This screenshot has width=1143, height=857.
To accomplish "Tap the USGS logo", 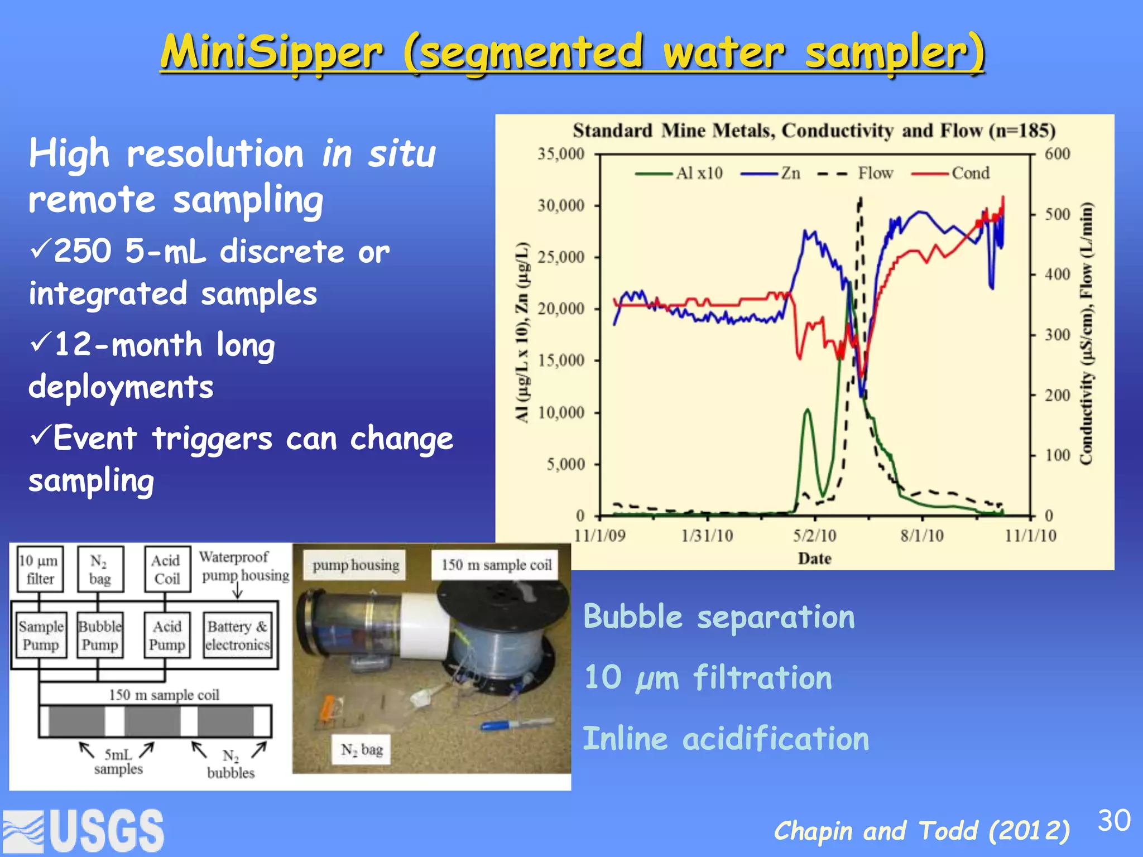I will [x=84, y=830].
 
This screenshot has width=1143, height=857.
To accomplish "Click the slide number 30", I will [x=1113, y=820].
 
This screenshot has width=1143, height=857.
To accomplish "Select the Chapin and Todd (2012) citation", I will [x=921, y=831].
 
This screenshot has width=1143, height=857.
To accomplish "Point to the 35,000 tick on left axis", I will [x=560, y=153].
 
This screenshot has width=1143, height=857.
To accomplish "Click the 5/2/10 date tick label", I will [x=814, y=536].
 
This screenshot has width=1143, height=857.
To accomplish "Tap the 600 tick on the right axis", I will [x=1057, y=153].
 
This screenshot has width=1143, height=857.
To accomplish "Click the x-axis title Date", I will [x=814, y=559].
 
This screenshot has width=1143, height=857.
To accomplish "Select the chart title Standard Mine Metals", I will [x=814, y=131].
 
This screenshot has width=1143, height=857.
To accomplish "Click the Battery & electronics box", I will [x=238, y=635].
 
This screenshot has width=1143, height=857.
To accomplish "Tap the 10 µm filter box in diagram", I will [x=39, y=569].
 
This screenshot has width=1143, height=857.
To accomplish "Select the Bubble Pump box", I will [x=100, y=635].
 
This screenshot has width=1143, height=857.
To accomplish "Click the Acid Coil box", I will [x=167, y=569].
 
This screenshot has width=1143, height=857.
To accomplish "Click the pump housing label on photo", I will [x=356, y=565].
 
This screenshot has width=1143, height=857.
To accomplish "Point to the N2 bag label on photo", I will [x=362, y=749].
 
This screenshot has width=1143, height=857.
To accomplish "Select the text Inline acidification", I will [x=726, y=739].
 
